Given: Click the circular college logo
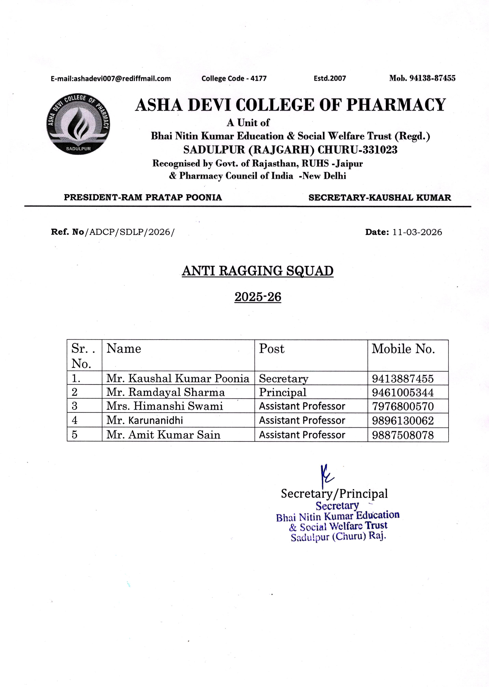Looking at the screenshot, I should click(78, 124).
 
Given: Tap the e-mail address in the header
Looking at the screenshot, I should click(111, 79).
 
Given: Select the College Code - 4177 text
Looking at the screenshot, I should click(234, 79).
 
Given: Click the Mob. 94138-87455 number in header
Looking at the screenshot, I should click(422, 78).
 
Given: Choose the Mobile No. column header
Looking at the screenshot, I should click(403, 349).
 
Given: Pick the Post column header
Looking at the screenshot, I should click(272, 349).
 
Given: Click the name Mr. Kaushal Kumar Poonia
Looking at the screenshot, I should click(178, 378).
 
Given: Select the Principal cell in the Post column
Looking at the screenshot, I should click(283, 392).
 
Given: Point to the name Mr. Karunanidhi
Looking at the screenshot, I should click(144, 420).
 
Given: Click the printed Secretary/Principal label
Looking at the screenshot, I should click(334, 494).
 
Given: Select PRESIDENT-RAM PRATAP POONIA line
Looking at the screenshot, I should click(143, 198).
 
